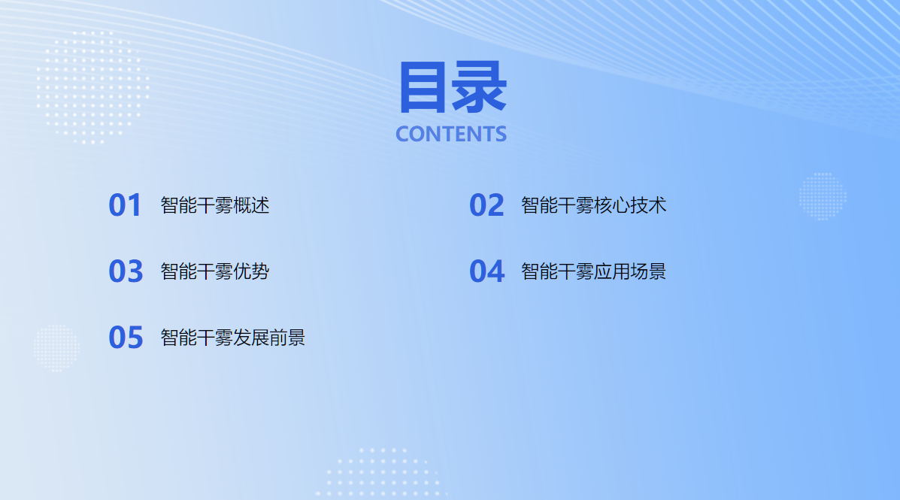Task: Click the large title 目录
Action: [453, 87]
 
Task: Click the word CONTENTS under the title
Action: [451, 135]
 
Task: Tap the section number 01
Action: [125, 205]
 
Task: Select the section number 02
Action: [486, 205]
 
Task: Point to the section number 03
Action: [126, 271]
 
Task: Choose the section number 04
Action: [486, 271]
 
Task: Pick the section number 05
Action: [126, 338]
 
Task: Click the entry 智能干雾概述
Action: [215, 205]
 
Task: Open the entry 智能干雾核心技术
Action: [593, 205]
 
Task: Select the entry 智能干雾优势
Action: [215, 271]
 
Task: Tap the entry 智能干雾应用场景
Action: [593, 271]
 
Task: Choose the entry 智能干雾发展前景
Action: [232, 338]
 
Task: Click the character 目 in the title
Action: [423, 87]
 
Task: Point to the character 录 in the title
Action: [479, 87]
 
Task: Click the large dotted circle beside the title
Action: [93, 87]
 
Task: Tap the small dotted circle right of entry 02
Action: [823, 196]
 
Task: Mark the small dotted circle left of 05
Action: [56, 348]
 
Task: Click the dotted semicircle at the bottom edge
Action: [380, 472]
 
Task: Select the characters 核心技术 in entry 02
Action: [629, 205]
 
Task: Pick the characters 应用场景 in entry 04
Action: [629, 271]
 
